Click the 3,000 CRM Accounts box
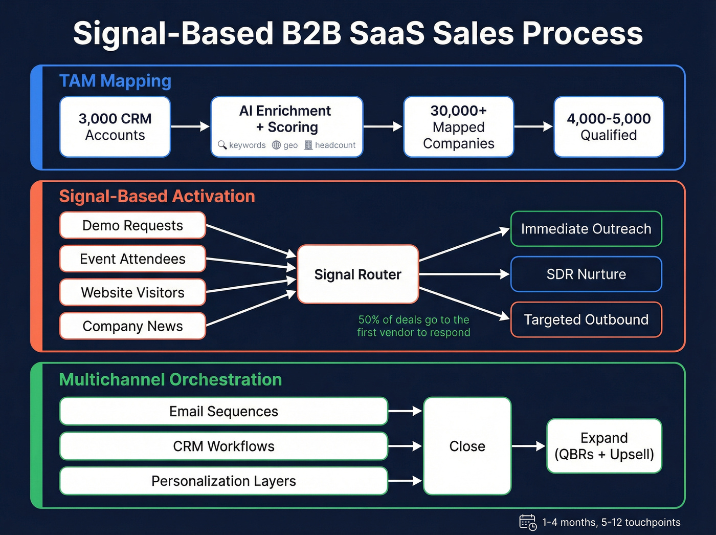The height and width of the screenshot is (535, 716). [x=115, y=127]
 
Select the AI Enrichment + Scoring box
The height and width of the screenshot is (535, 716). [x=286, y=123]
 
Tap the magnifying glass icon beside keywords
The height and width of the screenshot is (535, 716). [x=222, y=145]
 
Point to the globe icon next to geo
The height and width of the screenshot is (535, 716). [x=276, y=145]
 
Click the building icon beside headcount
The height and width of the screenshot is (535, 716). [x=308, y=145]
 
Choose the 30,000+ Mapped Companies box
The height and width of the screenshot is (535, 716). [x=458, y=127]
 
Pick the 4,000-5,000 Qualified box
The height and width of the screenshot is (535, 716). [x=609, y=127]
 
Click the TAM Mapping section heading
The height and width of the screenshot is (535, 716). [x=115, y=81]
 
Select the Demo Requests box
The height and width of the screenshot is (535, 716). [x=132, y=225]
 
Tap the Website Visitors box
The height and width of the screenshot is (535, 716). [x=132, y=292]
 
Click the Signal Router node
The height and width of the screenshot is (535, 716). [x=357, y=274]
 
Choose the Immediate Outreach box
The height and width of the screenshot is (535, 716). [x=586, y=229]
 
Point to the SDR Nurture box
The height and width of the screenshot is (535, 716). [x=586, y=274]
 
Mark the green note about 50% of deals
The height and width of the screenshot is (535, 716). [x=413, y=326]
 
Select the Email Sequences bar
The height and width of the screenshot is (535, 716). [x=223, y=411]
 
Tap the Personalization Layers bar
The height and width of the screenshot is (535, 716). [x=223, y=481]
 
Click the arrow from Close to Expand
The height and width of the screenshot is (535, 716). [x=528, y=446]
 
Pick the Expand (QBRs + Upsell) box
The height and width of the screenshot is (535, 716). [x=604, y=446]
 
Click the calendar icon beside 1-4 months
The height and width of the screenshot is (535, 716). [x=527, y=522]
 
